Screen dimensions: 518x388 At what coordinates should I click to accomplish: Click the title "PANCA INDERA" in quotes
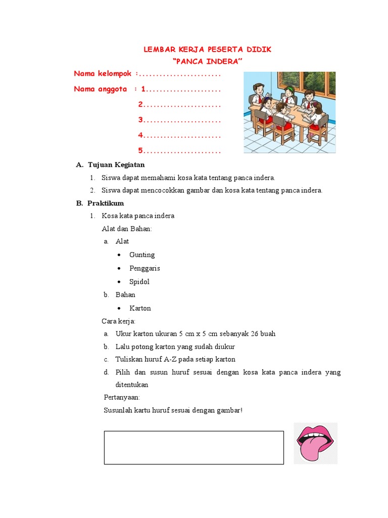(x=208, y=61)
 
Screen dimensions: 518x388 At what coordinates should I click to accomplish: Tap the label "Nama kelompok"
(x=103, y=74)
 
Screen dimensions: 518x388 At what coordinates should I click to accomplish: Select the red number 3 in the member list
(x=141, y=120)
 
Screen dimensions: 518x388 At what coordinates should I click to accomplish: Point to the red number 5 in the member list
(x=141, y=151)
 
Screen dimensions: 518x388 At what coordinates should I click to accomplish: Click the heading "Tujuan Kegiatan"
(x=116, y=165)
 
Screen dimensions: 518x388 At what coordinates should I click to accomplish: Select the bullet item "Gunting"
(x=142, y=255)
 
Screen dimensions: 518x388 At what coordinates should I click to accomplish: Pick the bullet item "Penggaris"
(x=144, y=268)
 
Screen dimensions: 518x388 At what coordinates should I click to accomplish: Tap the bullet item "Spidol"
(x=139, y=282)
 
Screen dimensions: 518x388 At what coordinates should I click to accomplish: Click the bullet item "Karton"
(x=140, y=308)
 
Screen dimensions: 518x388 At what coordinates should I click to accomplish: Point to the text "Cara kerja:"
(x=119, y=321)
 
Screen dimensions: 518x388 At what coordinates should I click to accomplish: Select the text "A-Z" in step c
(x=170, y=360)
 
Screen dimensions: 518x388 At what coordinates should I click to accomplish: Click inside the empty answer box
(x=193, y=447)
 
